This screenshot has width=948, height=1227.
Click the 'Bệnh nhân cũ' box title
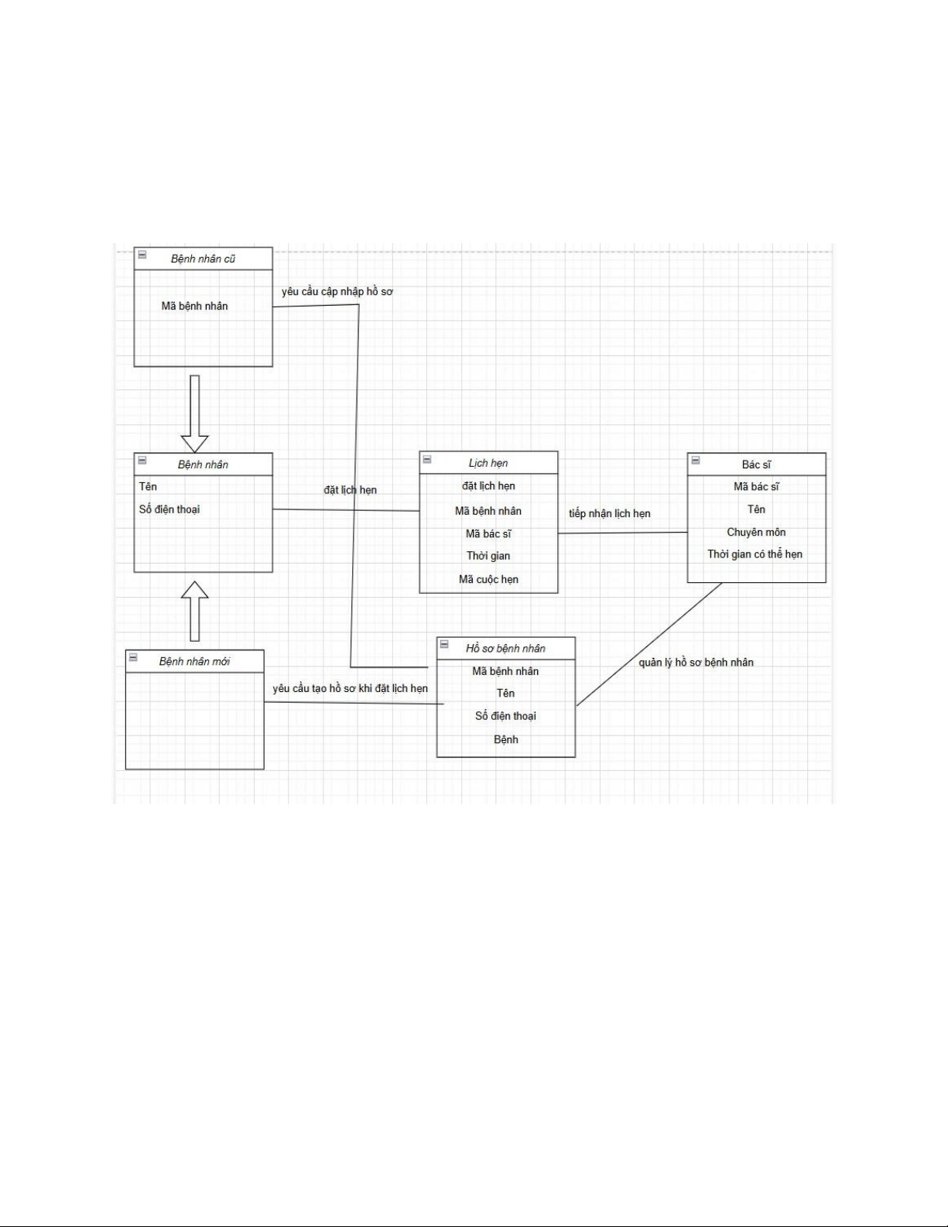click(203, 259)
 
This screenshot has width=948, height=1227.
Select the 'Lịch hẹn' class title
click(488, 463)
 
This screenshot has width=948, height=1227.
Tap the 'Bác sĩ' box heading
click(756, 464)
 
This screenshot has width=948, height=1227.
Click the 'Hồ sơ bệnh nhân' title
click(505, 649)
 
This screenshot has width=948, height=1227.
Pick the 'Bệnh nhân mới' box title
click(194, 661)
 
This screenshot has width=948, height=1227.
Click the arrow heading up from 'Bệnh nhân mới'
click(194, 611)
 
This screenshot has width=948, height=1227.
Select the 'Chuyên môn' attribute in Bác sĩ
click(756, 532)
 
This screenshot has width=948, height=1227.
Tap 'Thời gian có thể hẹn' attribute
click(755, 554)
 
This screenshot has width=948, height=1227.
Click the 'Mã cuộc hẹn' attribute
click(488, 579)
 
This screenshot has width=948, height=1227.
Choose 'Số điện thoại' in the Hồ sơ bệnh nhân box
click(505, 716)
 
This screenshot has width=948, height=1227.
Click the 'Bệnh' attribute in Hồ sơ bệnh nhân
click(505, 739)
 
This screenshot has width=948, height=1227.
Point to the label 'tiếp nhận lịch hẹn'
click(610, 513)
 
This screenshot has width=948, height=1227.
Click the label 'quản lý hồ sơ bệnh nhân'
click(696, 662)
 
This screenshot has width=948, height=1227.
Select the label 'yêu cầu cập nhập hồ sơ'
click(337, 292)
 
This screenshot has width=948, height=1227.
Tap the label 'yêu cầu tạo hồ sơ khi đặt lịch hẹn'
click(350, 688)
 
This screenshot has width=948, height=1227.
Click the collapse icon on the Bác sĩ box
click(695, 460)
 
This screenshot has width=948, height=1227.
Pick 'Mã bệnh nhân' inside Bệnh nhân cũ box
click(194, 306)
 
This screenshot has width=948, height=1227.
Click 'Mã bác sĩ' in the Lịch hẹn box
click(488, 533)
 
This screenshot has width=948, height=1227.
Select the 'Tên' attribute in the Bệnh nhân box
click(148, 486)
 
